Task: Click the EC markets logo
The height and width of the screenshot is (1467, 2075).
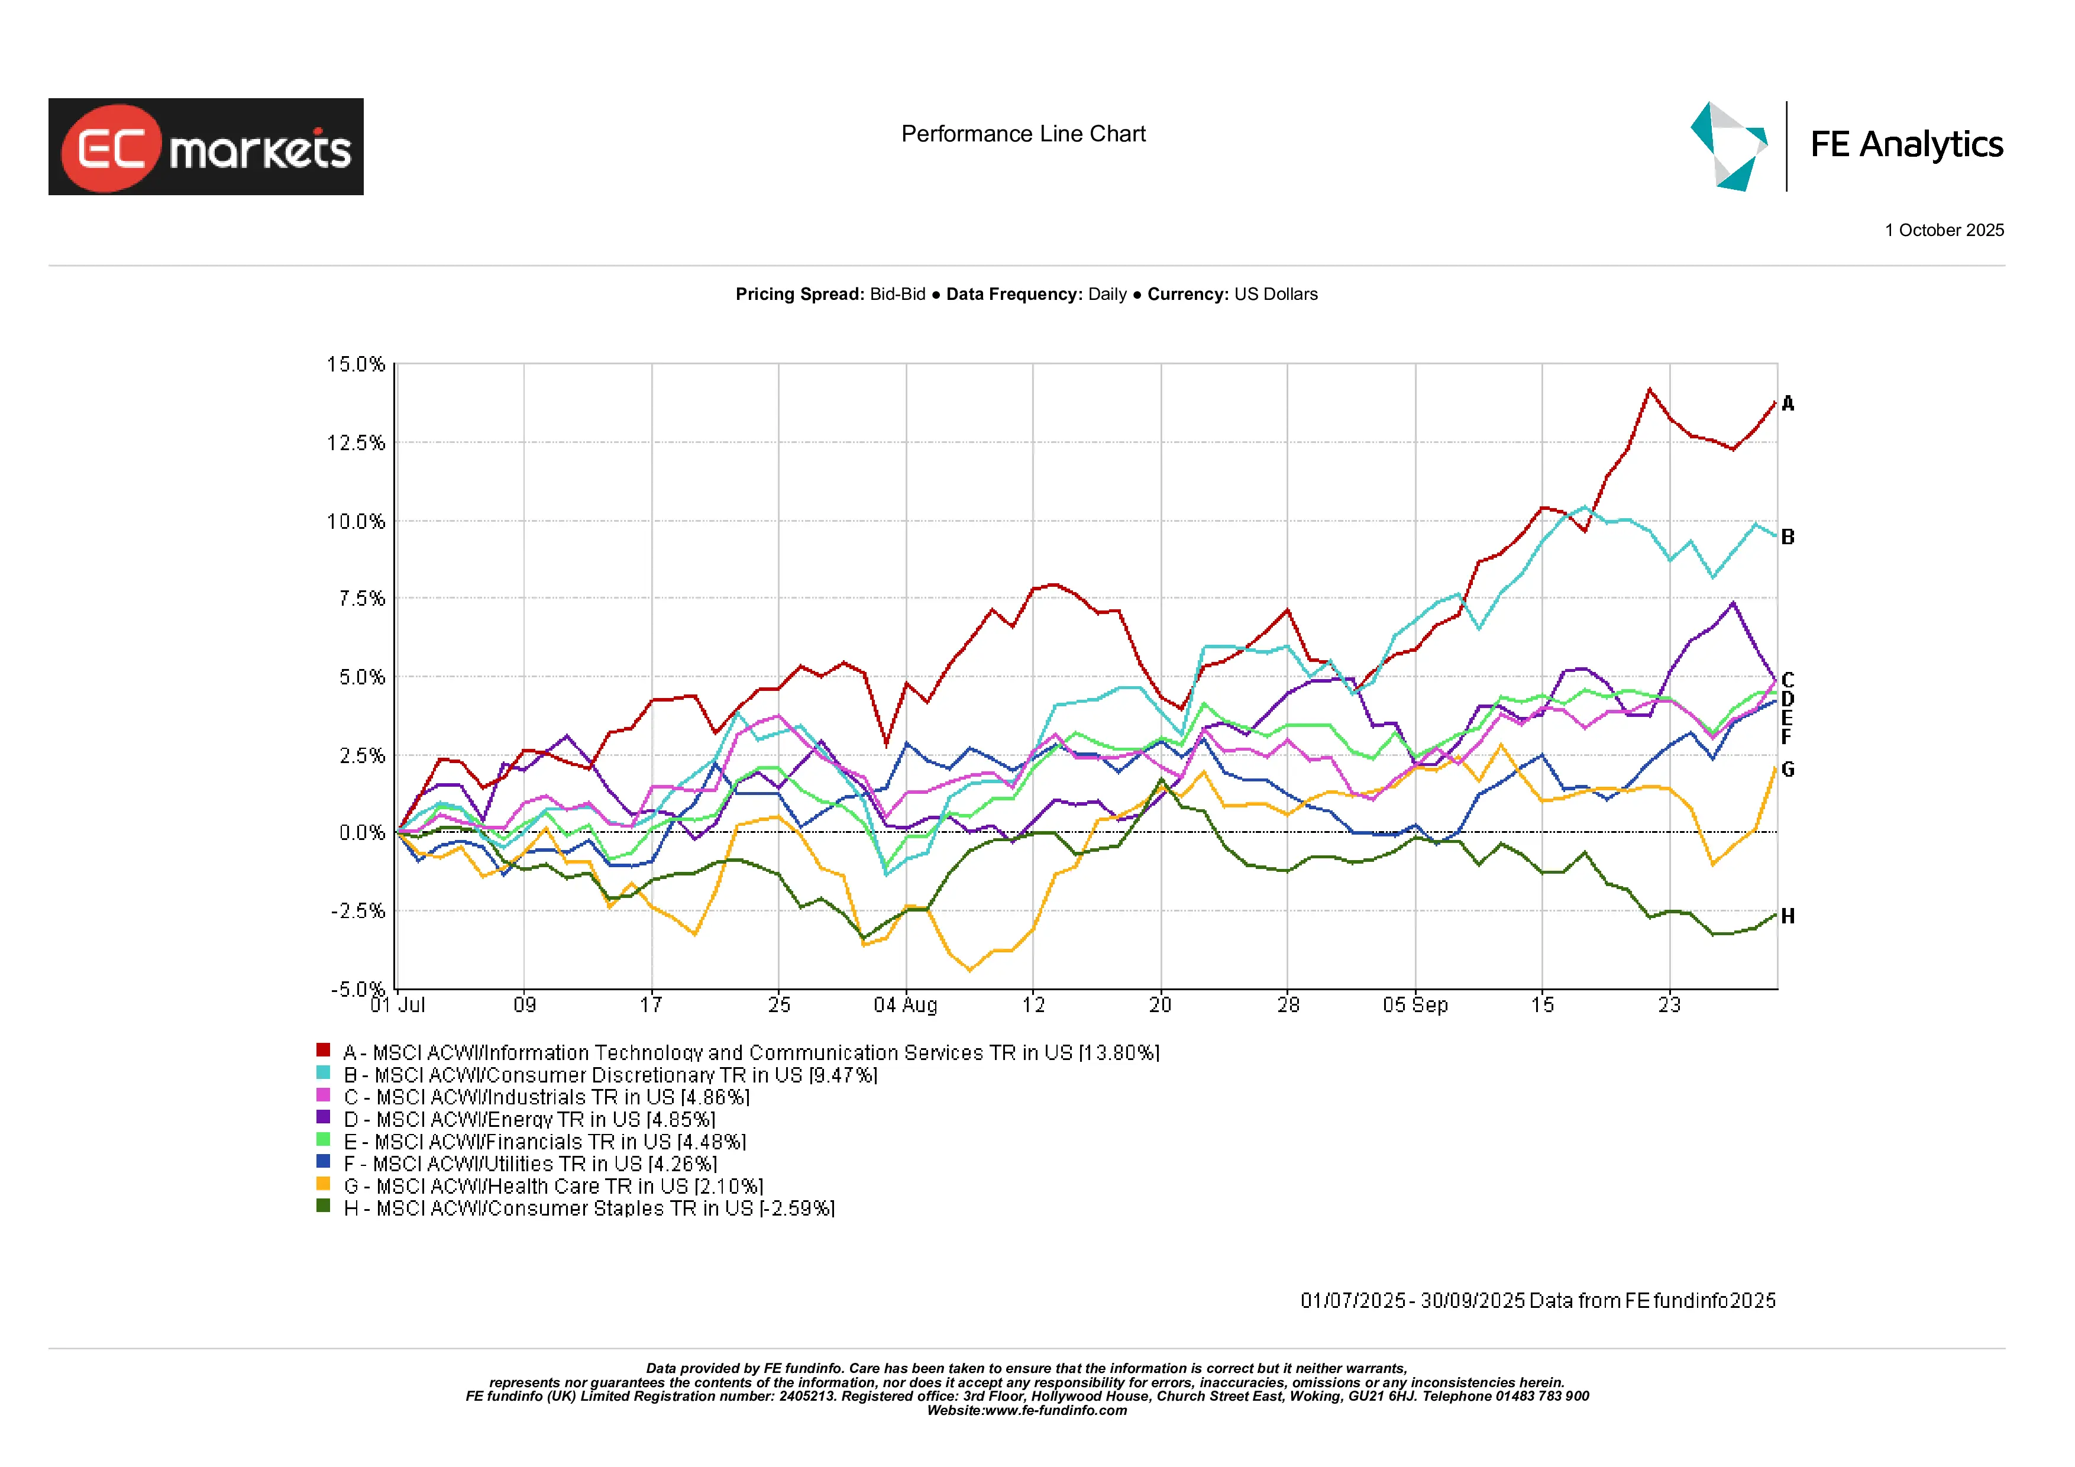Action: tap(206, 147)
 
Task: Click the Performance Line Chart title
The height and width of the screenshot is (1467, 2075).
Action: tap(1023, 134)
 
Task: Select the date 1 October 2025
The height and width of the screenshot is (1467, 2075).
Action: tap(1943, 231)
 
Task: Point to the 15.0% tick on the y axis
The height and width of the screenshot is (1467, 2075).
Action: tap(356, 364)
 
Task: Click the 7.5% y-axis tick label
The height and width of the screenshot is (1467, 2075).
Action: tap(361, 599)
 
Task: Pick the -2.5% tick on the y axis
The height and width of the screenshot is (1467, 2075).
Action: tap(358, 910)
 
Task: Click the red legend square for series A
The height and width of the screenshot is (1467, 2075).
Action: tap(322, 1049)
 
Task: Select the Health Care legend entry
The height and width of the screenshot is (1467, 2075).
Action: tap(553, 1186)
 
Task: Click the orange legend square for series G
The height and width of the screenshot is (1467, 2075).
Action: tap(322, 1183)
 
